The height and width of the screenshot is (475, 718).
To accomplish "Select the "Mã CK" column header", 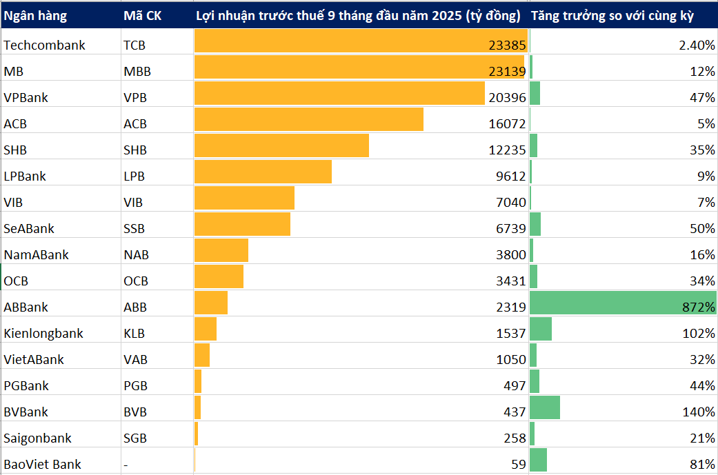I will [142, 15].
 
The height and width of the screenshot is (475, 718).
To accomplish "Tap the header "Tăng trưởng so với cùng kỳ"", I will [612, 15].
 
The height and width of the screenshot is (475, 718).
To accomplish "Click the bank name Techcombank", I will [44, 46].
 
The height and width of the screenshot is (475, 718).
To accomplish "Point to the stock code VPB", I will [135, 98].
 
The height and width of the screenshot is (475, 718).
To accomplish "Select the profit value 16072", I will [507, 124].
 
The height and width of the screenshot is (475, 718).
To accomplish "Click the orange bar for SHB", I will [281, 145].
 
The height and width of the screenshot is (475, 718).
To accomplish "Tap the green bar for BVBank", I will [545, 407].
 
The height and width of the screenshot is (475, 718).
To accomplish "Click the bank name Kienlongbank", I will [43, 334].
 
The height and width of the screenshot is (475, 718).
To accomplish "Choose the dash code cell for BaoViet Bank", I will [126, 465].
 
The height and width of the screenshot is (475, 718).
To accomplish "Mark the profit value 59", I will [518, 465].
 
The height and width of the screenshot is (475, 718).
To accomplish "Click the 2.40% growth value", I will [697, 46].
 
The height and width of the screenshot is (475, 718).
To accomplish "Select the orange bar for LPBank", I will [263, 172].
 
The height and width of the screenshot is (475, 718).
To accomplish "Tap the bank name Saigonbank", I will [37, 438].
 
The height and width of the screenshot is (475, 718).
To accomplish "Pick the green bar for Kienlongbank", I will [541, 329].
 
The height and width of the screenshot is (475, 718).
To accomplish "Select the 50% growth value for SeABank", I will [702, 229].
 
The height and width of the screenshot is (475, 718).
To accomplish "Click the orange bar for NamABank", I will [221, 250].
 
